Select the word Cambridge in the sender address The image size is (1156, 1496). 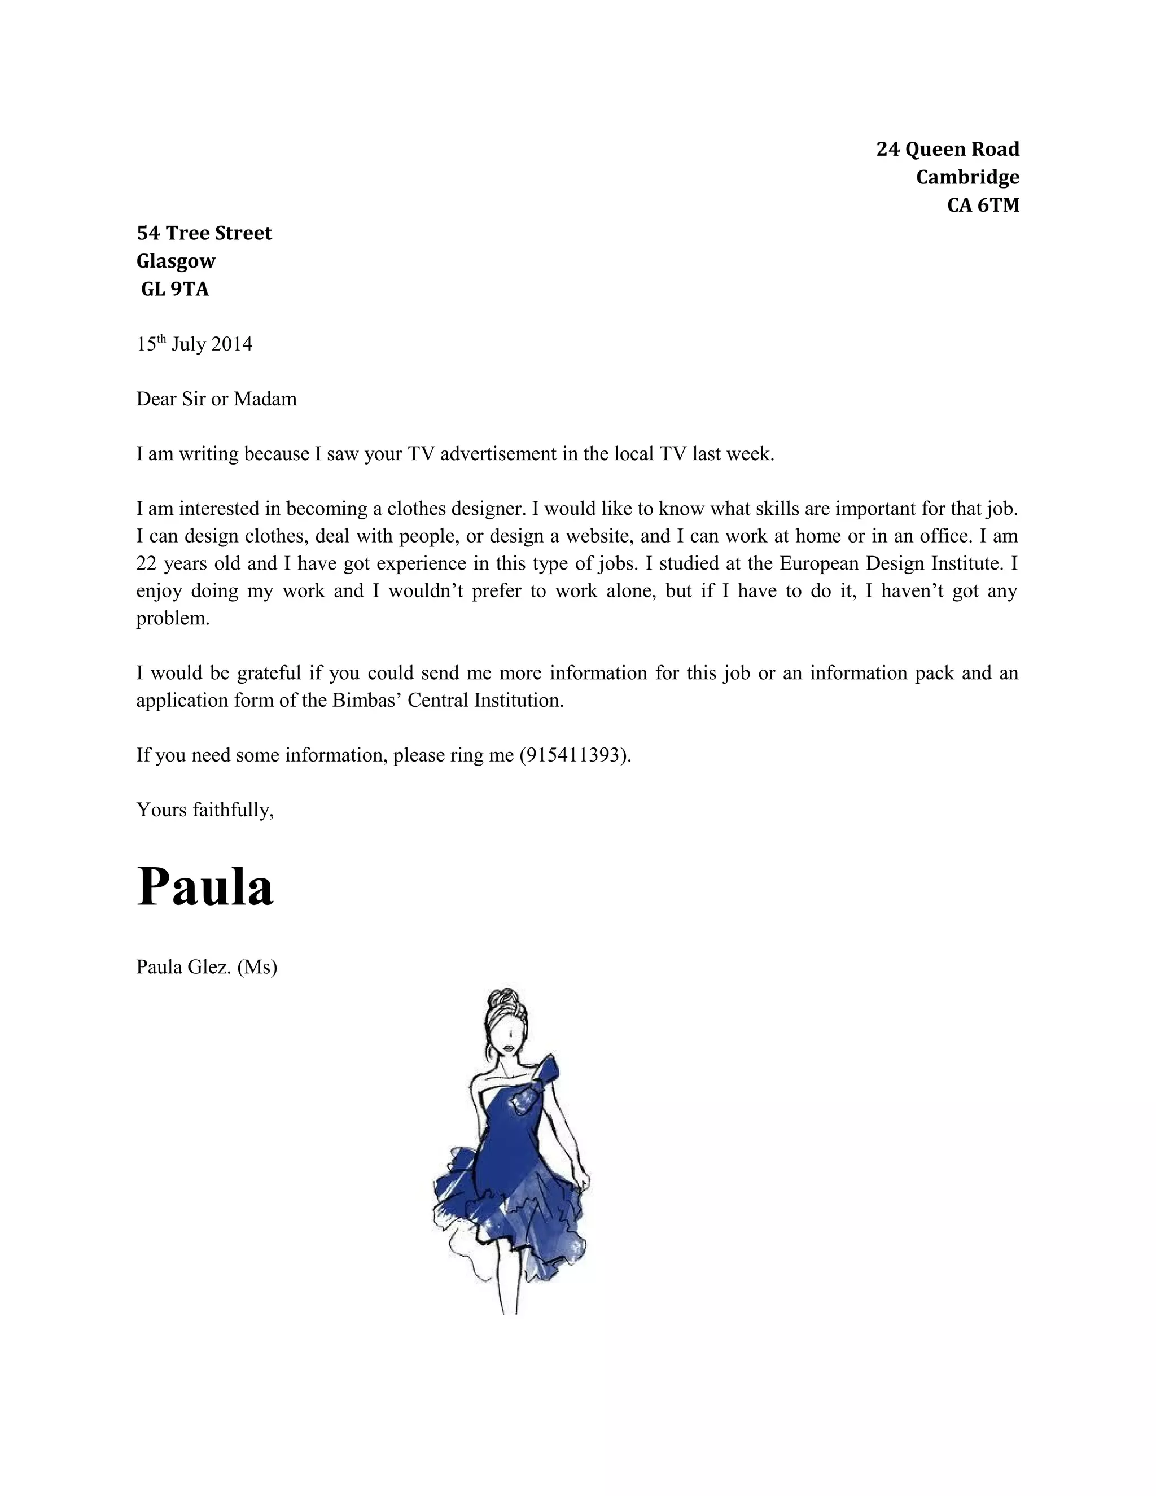[967, 177]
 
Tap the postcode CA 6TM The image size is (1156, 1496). [983, 205]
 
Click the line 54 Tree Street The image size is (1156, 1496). [204, 233]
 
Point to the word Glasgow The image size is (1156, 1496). [176, 261]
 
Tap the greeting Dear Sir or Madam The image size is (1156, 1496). [216, 399]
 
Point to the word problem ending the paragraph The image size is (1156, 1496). [173, 619]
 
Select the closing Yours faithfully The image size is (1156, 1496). [205, 810]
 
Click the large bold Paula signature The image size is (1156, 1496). [205, 887]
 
